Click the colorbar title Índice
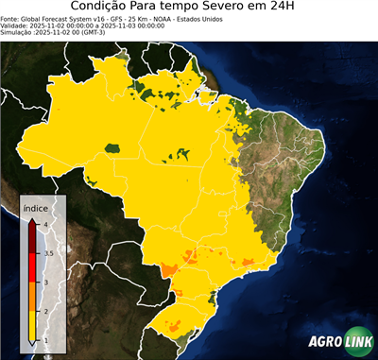pos(36,210)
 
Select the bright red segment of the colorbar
pos(32,267)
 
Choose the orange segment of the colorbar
pos(32,297)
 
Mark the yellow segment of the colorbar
pos(32,326)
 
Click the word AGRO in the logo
pos(324,342)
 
